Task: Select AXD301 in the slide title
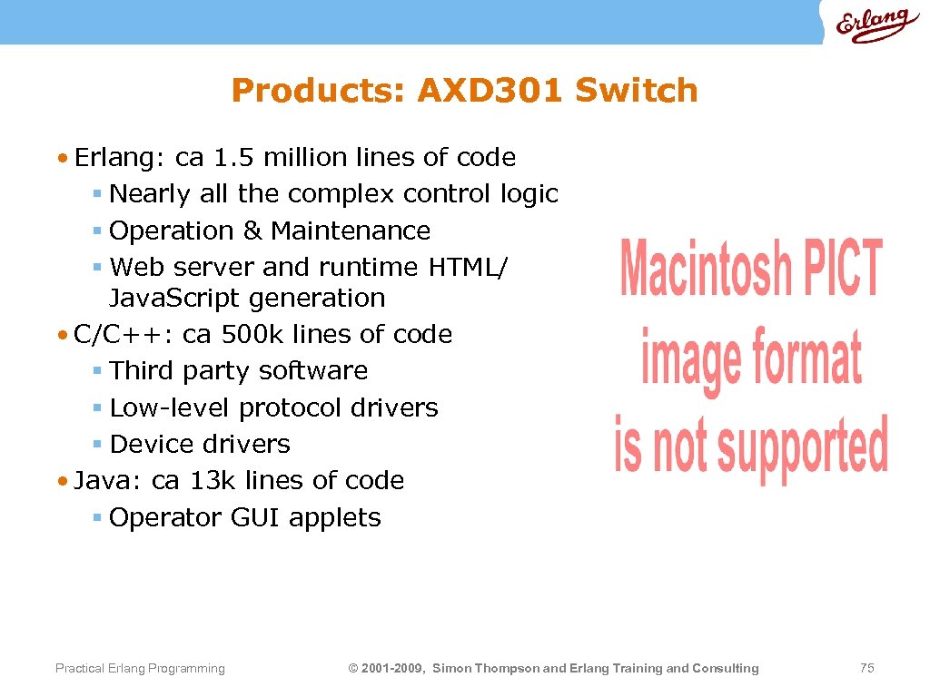tap(490, 91)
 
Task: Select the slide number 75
tap(866, 668)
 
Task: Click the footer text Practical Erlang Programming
tap(140, 669)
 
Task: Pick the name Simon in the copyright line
tap(451, 669)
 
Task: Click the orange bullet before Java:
tap(61, 481)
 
